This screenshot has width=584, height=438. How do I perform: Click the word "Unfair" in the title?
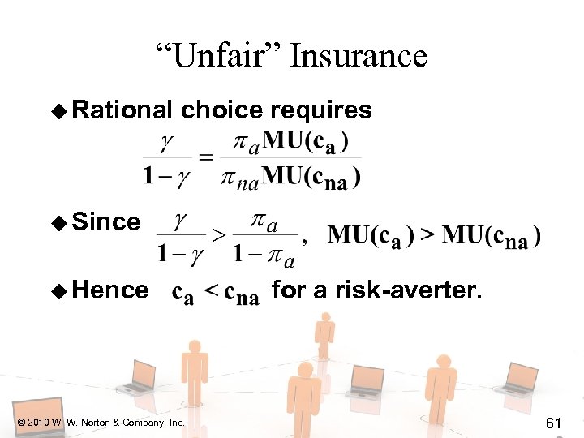[x=219, y=56]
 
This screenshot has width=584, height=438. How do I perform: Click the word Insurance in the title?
[x=358, y=56]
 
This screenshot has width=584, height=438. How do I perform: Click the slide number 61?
[x=554, y=423]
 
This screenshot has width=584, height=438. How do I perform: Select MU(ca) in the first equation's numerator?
[x=307, y=140]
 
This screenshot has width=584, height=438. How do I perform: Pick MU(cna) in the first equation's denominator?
[x=312, y=174]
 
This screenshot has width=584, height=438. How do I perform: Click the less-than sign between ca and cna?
[x=210, y=292]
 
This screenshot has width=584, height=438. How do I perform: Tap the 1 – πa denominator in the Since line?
[x=264, y=254]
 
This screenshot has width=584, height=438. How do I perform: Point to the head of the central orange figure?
[x=305, y=371]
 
